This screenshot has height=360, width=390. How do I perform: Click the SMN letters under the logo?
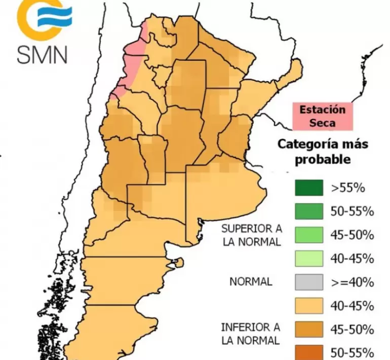[x=42, y=53]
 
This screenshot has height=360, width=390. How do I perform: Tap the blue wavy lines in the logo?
[x=55, y=17]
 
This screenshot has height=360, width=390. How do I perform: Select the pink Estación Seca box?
[x=322, y=116]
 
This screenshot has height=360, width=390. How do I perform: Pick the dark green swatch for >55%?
[x=308, y=188]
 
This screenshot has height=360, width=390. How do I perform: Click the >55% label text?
[x=348, y=188]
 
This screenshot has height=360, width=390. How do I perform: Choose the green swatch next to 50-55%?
[x=308, y=211]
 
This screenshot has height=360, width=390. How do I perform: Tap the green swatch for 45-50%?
[x=308, y=235]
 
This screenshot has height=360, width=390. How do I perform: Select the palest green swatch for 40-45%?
[x=308, y=259]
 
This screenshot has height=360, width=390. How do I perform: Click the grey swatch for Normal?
[x=308, y=282]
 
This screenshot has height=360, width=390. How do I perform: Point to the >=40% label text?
[x=352, y=282]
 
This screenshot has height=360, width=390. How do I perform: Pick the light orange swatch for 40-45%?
[x=308, y=306]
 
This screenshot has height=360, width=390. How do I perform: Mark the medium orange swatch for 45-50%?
[x=308, y=330]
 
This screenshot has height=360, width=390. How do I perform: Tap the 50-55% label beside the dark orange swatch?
[x=352, y=352]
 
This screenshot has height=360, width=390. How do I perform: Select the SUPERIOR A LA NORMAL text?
[x=251, y=235]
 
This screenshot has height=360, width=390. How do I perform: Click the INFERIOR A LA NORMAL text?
[x=250, y=333]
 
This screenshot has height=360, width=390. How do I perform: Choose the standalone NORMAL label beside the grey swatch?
[x=251, y=282]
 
